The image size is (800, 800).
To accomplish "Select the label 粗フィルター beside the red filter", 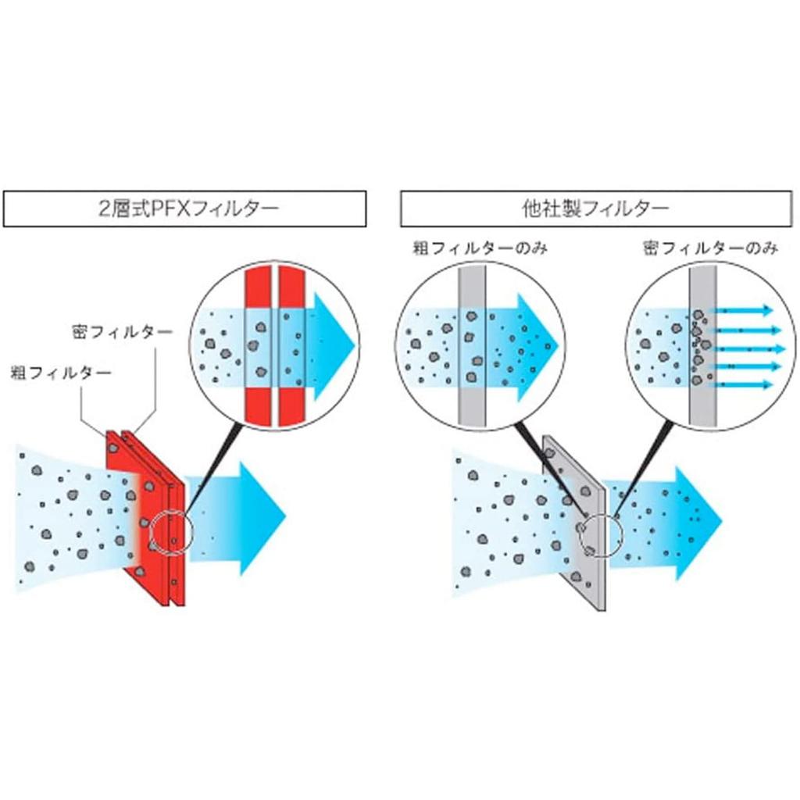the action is pyautogui.click(x=61, y=373).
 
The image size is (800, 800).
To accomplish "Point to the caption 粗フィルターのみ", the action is pyautogui.click(x=480, y=248).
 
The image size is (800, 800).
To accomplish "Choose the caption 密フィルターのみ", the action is pyautogui.click(x=711, y=248).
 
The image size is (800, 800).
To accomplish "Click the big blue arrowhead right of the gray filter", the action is pyautogui.click(x=699, y=523).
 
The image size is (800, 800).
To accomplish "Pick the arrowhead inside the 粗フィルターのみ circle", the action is pyautogui.click(x=538, y=347).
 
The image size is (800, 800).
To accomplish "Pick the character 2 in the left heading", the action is pyautogui.click(x=104, y=209).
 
